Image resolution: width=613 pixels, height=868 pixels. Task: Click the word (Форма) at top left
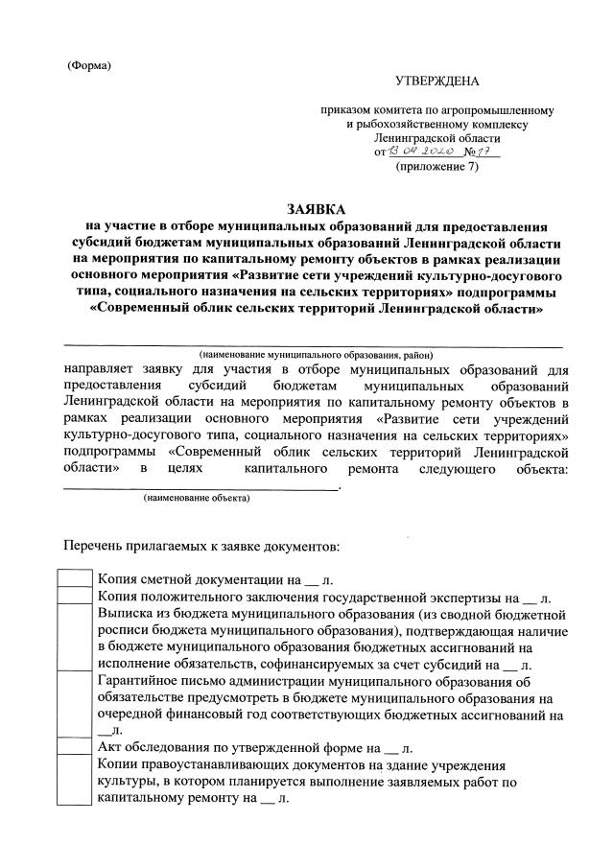click(x=89, y=65)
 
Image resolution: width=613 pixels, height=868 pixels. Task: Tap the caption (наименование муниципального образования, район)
click(x=316, y=355)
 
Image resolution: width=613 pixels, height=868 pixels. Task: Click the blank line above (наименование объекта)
click(x=200, y=487)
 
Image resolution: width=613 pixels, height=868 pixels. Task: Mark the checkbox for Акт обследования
click(x=75, y=748)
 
